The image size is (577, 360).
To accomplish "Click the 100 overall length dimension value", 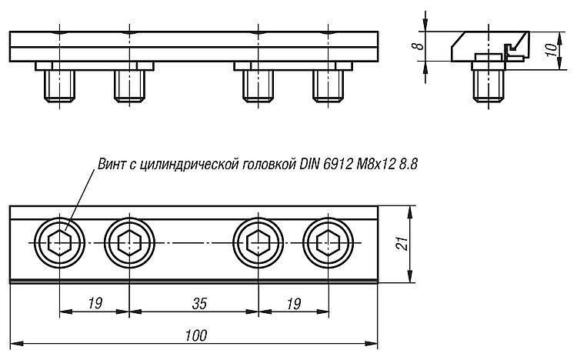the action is pos(195,335).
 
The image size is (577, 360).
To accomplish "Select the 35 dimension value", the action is pos(199,304).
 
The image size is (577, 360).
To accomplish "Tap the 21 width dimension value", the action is pos(402,244).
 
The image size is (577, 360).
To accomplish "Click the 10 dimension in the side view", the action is pos(551,49).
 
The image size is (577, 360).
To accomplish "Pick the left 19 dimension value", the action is pos(95,304).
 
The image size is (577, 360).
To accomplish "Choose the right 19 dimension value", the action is pos(294,304).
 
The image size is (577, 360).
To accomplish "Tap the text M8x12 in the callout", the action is pos(375,164).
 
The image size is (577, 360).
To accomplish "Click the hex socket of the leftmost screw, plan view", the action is pos(59,243).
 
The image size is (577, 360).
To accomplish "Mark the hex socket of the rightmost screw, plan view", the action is pos(329,243).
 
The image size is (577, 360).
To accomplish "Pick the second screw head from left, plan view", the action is pos(129,243).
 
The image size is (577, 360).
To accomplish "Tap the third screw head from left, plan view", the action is pos(258,243).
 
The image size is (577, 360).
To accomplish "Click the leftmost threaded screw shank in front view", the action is pos(59,86).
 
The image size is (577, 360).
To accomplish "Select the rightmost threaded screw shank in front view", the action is pos(329,86).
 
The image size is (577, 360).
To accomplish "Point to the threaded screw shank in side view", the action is pos(489,86).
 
